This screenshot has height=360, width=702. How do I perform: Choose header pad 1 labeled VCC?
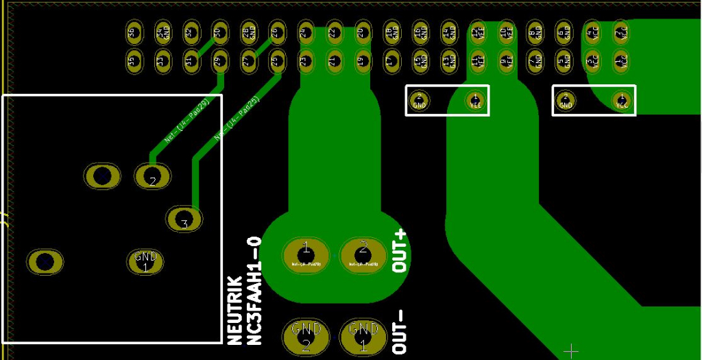tap(621, 62)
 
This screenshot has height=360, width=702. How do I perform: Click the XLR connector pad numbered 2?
tap(152, 177)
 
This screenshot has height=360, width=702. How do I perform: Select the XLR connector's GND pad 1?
tap(145, 261)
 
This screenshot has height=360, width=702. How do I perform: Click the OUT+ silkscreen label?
tap(400, 252)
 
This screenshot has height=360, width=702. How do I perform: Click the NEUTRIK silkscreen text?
tap(234, 309)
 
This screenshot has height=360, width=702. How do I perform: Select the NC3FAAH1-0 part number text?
tap(254, 290)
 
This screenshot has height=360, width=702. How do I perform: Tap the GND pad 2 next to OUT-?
tap(305, 336)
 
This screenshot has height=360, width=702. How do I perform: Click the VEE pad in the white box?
tap(475, 101)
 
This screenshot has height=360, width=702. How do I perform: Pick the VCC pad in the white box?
tap(621, 101)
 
